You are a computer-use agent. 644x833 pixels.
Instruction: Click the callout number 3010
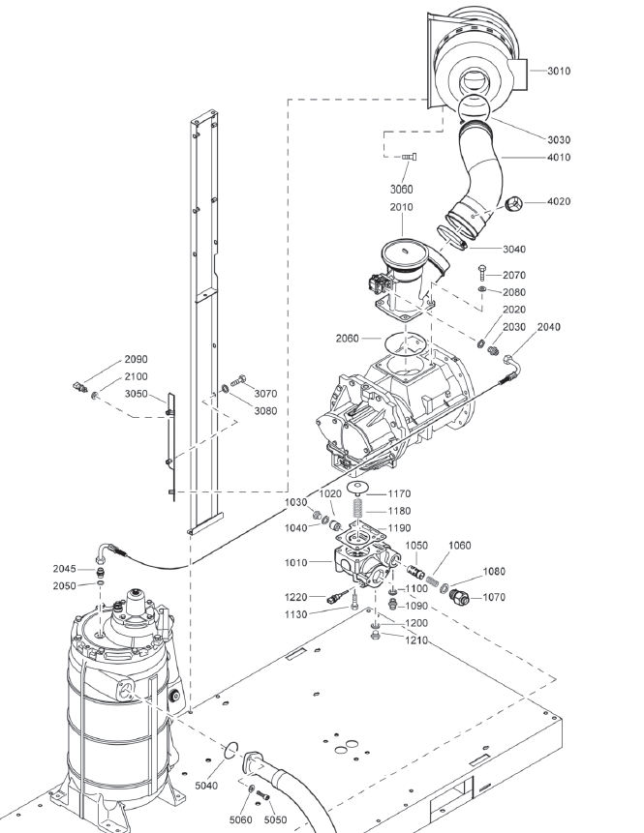559,71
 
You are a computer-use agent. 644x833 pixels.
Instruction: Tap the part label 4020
559,201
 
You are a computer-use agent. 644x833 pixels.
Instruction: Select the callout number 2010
401,207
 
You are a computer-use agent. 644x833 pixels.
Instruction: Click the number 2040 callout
548,327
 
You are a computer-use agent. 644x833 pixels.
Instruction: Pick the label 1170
399,492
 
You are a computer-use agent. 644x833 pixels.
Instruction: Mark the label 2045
65,569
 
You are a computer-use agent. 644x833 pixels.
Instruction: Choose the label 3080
265,410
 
